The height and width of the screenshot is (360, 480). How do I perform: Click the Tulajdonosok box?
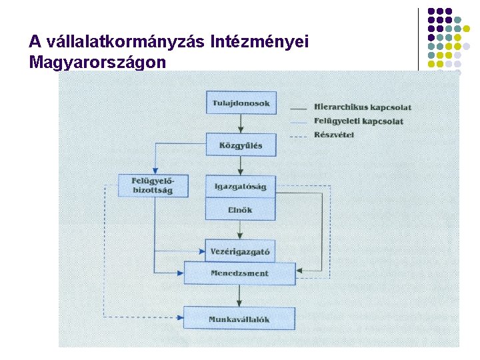pyautogui.click(x=241, y=103)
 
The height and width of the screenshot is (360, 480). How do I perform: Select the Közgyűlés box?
pyautogui.click(x=241, y=145)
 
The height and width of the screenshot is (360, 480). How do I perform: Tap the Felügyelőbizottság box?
pyautogui.click(x=153, y=185)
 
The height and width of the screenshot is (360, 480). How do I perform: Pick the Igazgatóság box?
pyautogui.click(x=240, y=187)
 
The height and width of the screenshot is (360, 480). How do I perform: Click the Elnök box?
pyautogui.click(x=240, y=209)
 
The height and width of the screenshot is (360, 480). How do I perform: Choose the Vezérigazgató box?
pyautogui.click(x=240, y=251)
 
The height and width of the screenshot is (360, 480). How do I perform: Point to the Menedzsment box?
pyautogui.click(x=240, y=273)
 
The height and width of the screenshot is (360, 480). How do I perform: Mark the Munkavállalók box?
pyautogui.click(x=239, y=319)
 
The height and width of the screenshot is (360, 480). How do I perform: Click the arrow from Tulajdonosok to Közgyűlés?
pyautogui.click(x=241, y=124)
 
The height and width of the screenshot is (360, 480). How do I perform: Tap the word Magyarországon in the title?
pyautogui.click(x=97, y=63)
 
